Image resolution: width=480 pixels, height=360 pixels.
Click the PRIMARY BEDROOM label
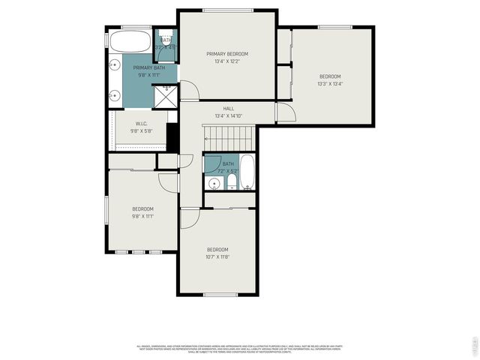pos(227,54)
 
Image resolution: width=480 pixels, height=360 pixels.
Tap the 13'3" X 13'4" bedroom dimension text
pos(330,84)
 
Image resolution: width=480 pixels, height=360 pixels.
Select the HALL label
pos(228,109)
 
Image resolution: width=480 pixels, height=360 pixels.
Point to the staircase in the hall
pos(229,137)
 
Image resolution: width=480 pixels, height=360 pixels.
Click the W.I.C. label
pos(141,124)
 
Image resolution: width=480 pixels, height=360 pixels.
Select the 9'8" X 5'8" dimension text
pos(141,131)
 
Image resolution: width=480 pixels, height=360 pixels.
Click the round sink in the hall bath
pos(211,182)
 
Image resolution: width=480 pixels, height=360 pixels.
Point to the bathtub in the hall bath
pos(249,173)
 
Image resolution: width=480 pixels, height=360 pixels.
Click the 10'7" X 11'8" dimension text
pos(217,256)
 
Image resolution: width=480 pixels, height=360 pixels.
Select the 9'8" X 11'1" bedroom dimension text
pos(143,216)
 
